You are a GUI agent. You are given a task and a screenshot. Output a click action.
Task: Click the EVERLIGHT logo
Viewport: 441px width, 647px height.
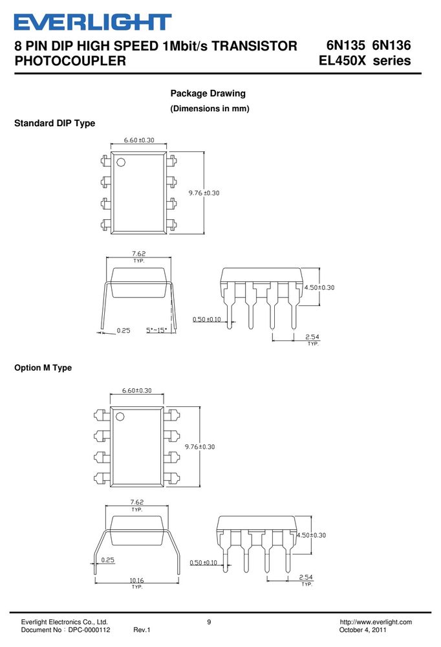[x=93, y=22]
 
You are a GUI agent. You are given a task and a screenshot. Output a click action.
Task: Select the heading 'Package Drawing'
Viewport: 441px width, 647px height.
[x=208, y=93]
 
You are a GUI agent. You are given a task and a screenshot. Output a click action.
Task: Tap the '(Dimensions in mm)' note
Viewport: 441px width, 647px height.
[x=210, y=109]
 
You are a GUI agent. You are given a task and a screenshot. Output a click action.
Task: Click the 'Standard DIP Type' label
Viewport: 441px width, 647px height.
[x=54, y=123]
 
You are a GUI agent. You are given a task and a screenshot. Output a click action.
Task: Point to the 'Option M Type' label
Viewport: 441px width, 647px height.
[x=43, y=367]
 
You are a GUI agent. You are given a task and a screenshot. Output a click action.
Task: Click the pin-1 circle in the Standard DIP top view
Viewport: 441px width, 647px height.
[x=121, y=162]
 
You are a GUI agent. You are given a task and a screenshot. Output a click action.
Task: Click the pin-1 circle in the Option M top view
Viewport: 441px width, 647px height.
[x=120, y=416]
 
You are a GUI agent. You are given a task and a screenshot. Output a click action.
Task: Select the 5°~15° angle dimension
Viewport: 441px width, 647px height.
[x=156, y=330]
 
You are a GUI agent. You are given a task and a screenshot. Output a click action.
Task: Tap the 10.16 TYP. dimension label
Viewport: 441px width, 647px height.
[x=137, y=583]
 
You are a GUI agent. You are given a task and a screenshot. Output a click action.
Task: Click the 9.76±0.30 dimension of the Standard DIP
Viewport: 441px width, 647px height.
[x=204, y=193]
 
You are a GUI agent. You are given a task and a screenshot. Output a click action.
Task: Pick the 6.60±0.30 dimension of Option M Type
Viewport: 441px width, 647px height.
[x=136, y=390]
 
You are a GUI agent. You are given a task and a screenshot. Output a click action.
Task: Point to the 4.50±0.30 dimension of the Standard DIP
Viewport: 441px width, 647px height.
[x=319, y=287]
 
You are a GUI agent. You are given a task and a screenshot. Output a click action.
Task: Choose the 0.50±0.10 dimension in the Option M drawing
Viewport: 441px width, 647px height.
[x=204, y=562]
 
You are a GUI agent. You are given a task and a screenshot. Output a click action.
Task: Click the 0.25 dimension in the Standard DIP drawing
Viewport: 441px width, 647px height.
[x=124, y=330]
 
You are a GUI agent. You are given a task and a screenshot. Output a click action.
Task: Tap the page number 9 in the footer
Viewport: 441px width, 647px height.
[x=209, y=622]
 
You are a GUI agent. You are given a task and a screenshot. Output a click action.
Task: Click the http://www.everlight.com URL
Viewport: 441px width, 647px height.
[x=376, y=622]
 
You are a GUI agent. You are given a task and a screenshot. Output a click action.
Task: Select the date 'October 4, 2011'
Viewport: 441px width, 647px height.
[x=363, y=630]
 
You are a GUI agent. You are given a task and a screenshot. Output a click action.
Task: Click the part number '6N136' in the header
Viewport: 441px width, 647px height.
[x=391, y=45]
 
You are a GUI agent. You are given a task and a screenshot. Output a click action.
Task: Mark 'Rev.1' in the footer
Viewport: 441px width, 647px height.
[x=142, y=630]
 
